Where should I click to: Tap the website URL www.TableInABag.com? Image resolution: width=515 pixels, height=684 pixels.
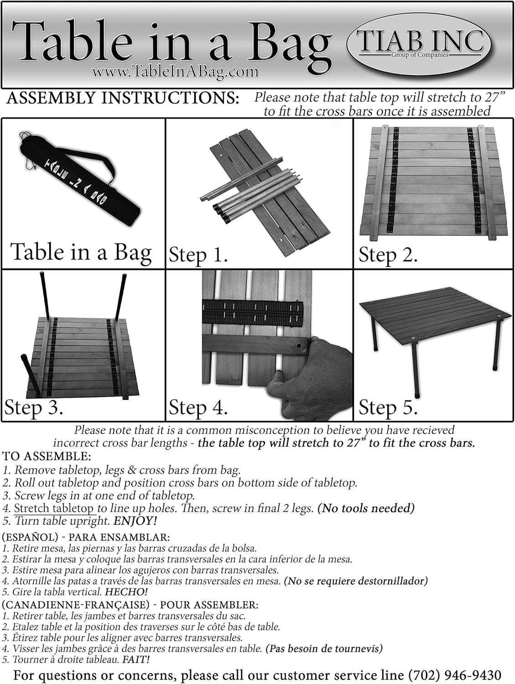pyautogui.click(x=175, y=71)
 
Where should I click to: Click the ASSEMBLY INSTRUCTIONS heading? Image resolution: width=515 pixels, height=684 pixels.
pyautogui.click(x=123, y=98)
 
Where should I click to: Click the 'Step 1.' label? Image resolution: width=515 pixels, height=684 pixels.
pyautogui.click(x=198, y=254)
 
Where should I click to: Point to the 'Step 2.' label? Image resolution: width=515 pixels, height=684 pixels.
pyautogui.click(x=388, y=254)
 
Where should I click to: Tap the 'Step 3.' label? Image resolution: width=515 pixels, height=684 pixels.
pyautogui.click(x=34, y=407)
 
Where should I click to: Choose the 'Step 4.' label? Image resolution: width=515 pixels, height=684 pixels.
pyautogui.click(x=198, y=407)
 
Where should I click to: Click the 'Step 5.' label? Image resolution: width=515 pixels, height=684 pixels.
pyautogui.click(x=388, y=407)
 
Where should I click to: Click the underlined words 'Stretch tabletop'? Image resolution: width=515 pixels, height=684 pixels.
pyautogui.click(x=54, y=508)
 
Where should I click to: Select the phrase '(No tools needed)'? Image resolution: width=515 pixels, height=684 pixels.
pyautogui.click(x=365, y=508)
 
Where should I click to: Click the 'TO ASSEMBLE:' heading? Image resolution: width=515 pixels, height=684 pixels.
pyautogui.click(x=47, y=456)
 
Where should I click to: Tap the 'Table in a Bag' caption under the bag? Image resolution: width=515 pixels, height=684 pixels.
pyautogui.click(x=81, y=252)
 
